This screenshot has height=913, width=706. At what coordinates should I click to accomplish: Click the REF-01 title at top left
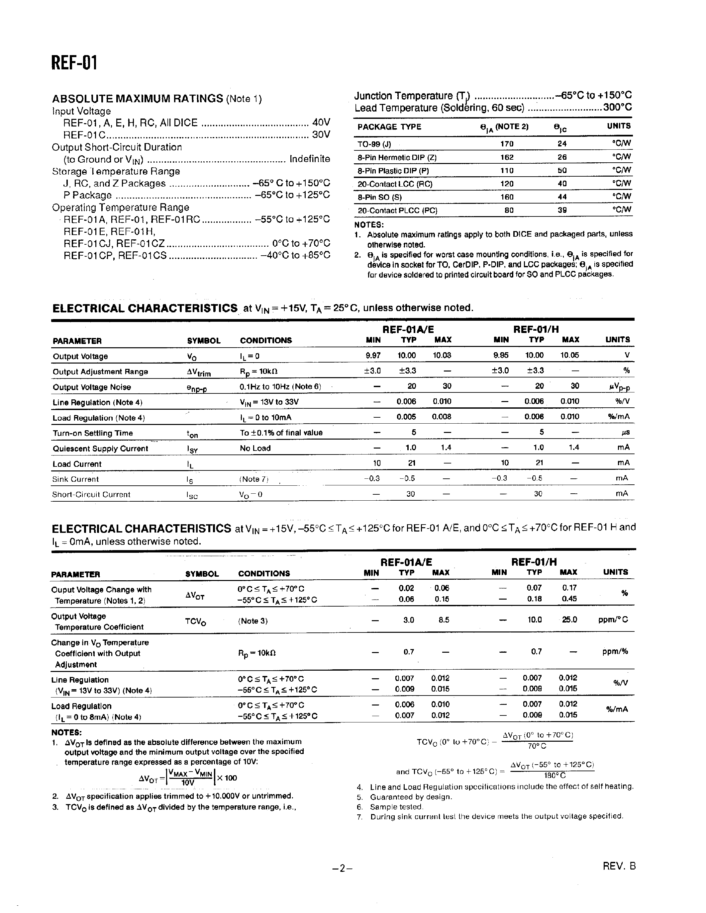coord(74,63)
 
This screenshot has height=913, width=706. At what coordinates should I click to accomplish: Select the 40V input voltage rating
coord(321,123)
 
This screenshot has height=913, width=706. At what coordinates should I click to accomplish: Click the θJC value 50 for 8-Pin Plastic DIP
coord(562,171)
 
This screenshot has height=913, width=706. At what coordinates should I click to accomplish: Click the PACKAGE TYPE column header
coord(389,127)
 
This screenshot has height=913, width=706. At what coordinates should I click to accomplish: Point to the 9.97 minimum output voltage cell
coord(373,355)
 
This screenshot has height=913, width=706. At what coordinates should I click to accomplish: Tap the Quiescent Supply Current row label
coord(100,449)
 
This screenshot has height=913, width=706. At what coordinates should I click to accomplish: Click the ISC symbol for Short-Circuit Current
coord(192,495)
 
